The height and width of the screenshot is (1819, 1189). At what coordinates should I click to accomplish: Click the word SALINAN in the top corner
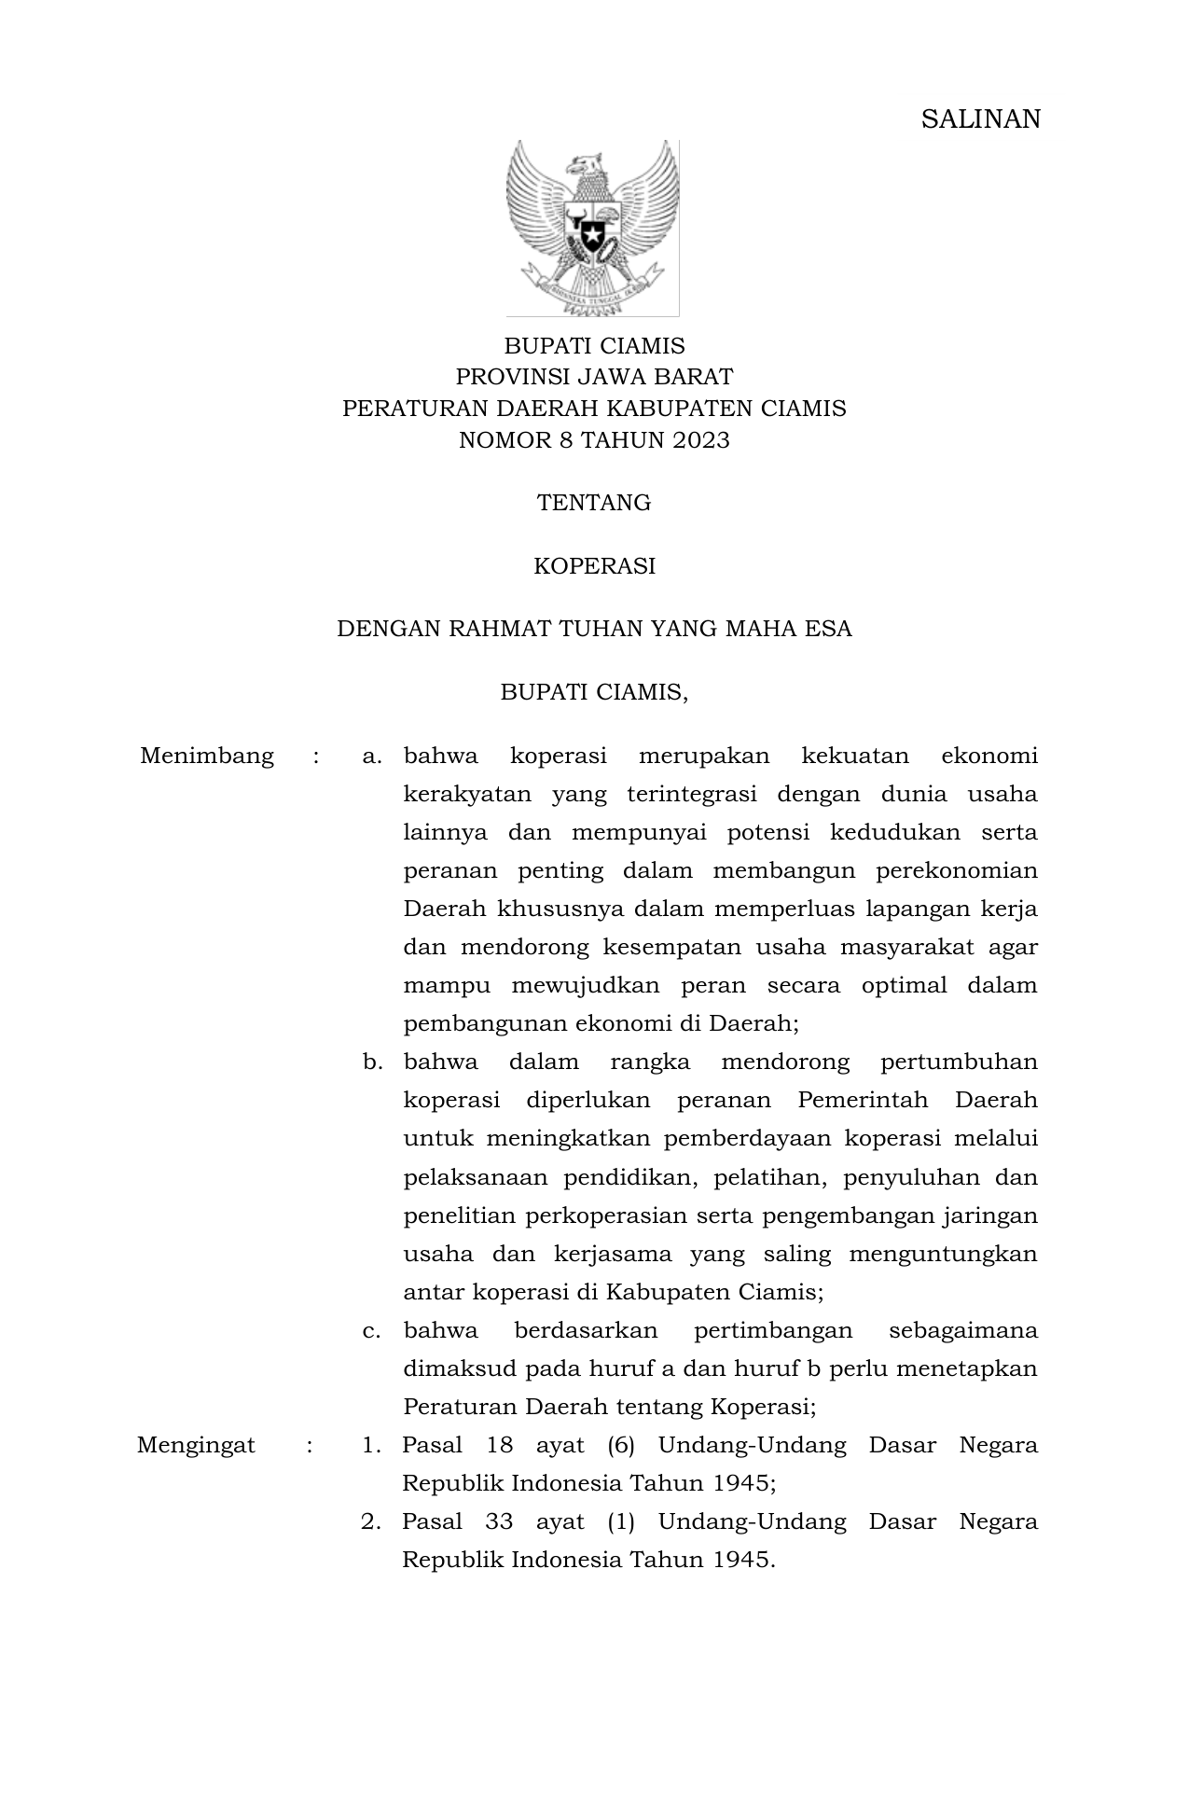(x=980, y=119)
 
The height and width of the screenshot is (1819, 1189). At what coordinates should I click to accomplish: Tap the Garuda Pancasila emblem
(x=592, y=228)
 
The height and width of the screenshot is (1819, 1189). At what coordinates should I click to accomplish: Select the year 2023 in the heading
(x=699, y=440)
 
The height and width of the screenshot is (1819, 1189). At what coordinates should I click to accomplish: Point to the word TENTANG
(x=594, y=504)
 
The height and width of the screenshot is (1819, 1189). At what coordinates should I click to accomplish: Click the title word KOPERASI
(x=594, y=566)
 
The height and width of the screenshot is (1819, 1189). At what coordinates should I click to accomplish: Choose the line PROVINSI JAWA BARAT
(x=594, y=377)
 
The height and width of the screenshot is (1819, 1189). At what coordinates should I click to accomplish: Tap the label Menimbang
(x=207, y=756)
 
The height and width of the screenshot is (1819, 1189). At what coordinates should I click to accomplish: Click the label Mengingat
(x=196, y=1446)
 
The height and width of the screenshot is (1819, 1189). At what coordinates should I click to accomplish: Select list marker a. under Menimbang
(x=372, y=756)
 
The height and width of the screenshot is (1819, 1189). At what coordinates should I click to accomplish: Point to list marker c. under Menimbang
(x=372, y=1330)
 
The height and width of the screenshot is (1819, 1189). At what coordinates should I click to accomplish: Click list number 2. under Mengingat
(x=371, y=1522)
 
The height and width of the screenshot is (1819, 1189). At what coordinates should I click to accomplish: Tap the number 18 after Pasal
(x=500, y=1446)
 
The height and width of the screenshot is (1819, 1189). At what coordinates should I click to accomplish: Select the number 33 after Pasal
(x=500, y=1522)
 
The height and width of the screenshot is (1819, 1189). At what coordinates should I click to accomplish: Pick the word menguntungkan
(x=943, y=1254)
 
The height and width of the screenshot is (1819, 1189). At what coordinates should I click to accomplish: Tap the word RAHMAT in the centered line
(x=499, y=629)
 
